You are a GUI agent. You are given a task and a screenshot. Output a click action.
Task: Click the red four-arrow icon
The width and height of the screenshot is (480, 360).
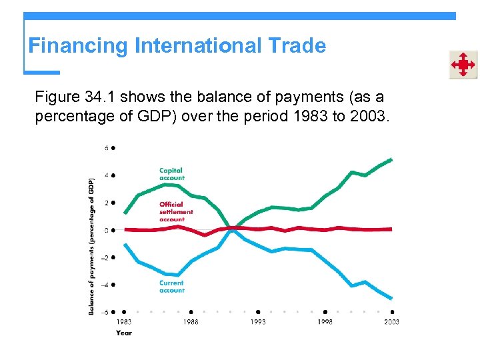click(x=462, y=65)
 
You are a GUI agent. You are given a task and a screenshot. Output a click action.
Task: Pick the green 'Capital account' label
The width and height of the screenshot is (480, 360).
click(x=171, y=174)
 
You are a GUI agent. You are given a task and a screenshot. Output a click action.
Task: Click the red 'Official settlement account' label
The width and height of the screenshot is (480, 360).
click(x=176, y=211)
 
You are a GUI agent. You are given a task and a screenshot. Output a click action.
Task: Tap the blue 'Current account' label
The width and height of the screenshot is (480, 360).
click(x=171, y=287)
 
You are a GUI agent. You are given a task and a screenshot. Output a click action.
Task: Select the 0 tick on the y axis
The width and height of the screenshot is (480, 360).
click(x=107, y=230)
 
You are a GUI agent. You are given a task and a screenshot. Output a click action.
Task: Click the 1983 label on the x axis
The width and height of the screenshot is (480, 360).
click(x=124, y=322)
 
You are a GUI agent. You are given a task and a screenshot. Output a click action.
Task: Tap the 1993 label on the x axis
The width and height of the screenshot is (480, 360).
click(x=258, y=322)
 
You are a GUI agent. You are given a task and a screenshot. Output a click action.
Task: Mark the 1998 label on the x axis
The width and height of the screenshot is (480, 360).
click(x=325, y=322)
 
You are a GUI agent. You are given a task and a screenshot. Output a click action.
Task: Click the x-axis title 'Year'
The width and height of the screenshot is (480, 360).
click(x=123, y=333)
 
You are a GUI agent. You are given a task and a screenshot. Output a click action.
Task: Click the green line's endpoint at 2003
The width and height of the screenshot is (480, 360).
click(x=392, y=159)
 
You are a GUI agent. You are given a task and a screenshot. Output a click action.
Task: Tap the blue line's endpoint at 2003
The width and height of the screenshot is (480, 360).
click(x=392, y=299)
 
